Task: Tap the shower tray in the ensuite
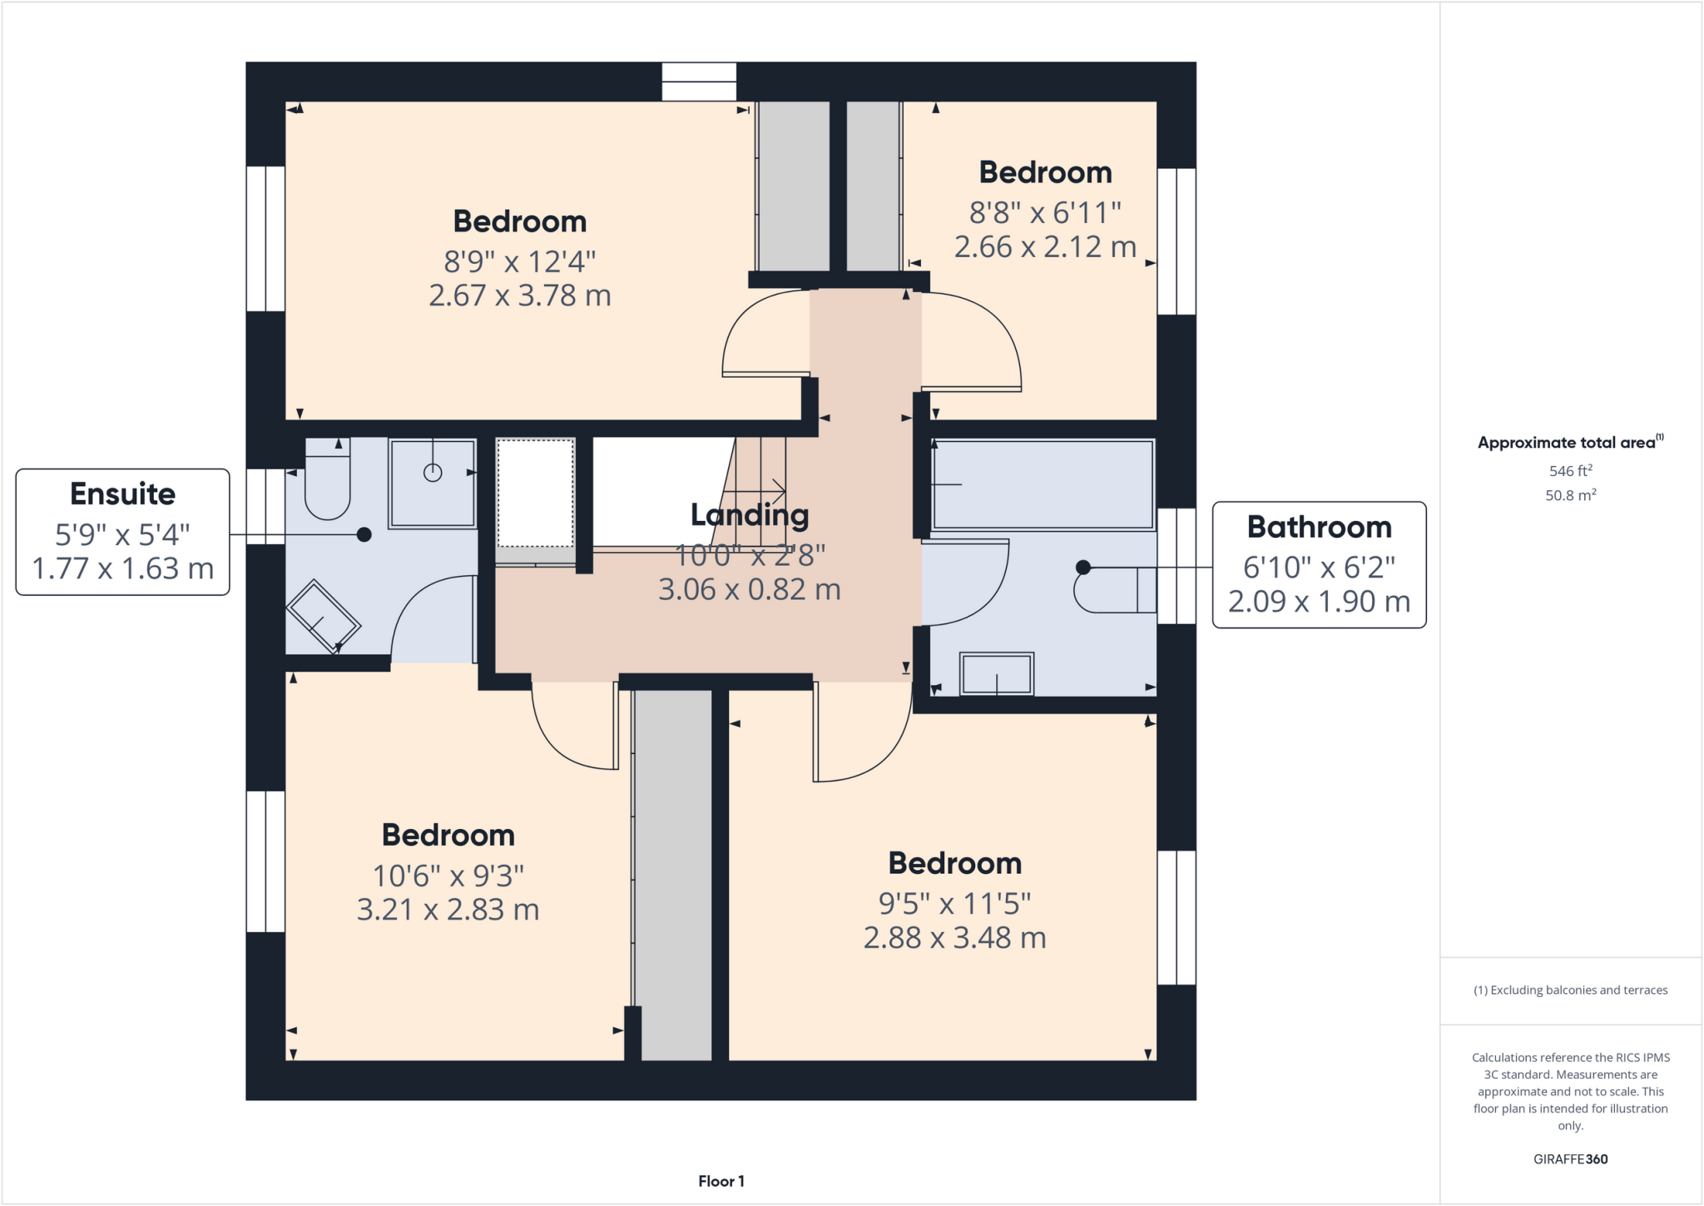point(432,484)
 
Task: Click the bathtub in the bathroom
point(1043,484)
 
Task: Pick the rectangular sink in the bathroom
point(997,673)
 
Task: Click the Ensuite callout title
point(122,494)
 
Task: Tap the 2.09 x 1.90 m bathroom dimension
point(1319,601)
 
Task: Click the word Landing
point(749,515)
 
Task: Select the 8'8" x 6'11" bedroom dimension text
point(1045,213)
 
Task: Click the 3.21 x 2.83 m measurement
point(448,910)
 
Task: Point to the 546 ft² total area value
point(1570,471)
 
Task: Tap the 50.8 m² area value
point(1570,495)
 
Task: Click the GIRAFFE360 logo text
point(1570,1159)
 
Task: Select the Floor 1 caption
point(721,1181)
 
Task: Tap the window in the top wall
point(699,82)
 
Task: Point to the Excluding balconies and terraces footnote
point(1570,990)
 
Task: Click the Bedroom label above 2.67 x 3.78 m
point(519,221)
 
